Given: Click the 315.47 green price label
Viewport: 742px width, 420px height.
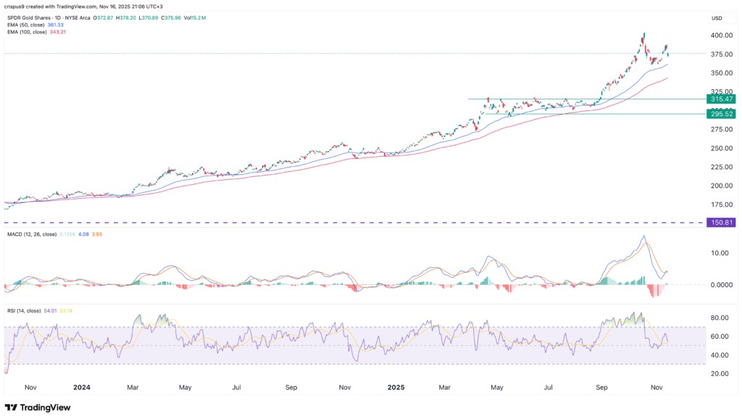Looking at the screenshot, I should [x=720, y=99].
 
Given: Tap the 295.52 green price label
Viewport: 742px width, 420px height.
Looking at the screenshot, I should [x=720, y=114].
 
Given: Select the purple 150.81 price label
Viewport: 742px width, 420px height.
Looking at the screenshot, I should [x=720, y=223].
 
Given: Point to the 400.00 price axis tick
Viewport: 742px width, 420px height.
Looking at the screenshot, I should [x=720, y=36].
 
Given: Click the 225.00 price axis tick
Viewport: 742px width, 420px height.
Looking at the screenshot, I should [x=720, y=167].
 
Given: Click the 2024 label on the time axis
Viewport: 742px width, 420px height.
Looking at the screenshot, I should [x=81, y=388].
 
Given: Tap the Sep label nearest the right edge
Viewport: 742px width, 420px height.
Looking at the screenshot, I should [x=601, y=388].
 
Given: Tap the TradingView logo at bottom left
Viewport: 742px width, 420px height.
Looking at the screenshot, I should [x=38, y=408].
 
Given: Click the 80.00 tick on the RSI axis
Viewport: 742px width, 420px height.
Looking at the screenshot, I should [x=720, y=318].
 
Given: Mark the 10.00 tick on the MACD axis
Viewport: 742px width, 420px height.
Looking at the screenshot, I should [x=720, y=253].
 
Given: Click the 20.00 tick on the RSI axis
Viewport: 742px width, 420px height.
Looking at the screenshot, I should [x=720, y=374].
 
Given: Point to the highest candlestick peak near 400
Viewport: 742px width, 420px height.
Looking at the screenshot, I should [x=643, y=33].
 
